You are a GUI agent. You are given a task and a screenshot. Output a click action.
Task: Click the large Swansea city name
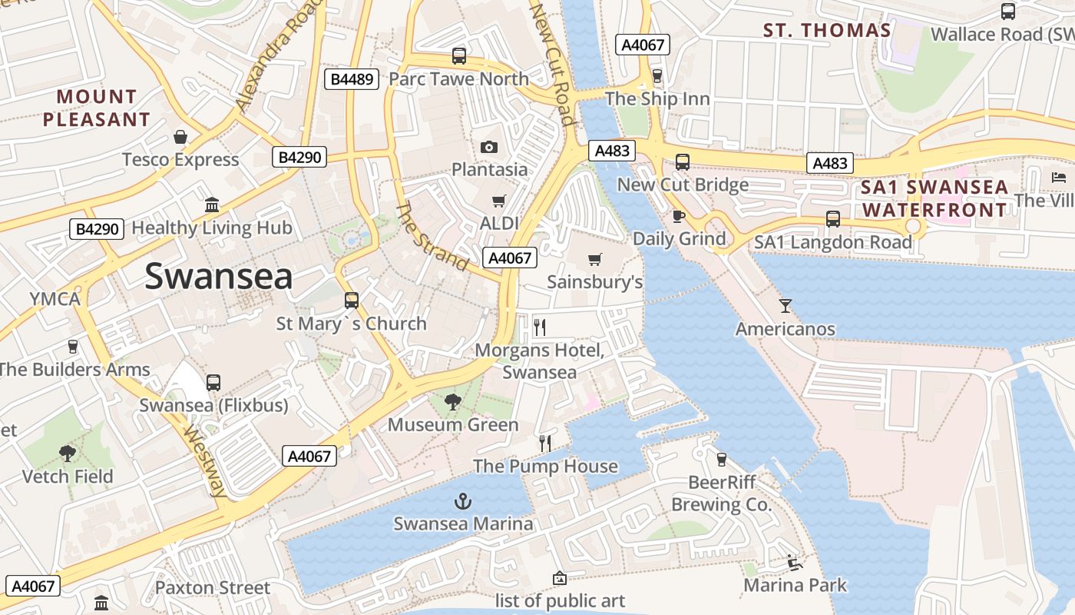pyautogui.click(x=218, y=276)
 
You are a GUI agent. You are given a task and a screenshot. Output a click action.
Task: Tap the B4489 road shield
pyautogui.click(x=352, y=79)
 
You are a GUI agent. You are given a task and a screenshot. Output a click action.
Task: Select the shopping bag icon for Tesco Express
pyautogui.click(x=180, y=137)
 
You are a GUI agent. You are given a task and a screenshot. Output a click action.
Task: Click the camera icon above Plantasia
pyautogui.click(x=489, y=147)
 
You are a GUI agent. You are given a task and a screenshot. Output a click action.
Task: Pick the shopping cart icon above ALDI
pyautogui.click(x=499, y=201)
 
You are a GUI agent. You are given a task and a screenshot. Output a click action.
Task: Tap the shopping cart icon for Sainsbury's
pyautogui.click(x=594, y=259)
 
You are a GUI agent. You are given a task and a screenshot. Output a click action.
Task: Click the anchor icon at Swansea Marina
pyautogui.click(x=462, y=502)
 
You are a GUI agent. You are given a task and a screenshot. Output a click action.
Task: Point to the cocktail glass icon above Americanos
pyautogui.click(x=785, y=306)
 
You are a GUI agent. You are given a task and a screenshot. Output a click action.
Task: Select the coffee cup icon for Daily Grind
pyautogui.click(x=678, y=216)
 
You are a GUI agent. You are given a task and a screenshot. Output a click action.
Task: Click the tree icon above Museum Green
pyautogui.click(x=453, y=401)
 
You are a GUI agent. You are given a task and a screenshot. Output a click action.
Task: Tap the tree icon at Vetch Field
pyautogui.click(x=68, y=454)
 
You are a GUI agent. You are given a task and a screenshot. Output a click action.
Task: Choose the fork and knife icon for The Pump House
pyautogui.click(x=545, y=443)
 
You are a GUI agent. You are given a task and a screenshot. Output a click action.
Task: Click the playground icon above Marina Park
pyautogui.click(x=795, y=563)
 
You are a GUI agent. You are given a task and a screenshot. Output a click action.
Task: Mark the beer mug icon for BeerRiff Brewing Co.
pyautogui.click(x=721, y=459)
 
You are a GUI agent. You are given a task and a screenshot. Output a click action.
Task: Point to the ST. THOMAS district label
pyautogui.click(x=826, y=31)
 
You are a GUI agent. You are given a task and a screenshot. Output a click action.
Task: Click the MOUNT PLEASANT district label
pyautogui.click(x=96, y=108)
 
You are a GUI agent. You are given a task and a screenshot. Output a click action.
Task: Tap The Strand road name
pyautogui.click(x=432, y=237)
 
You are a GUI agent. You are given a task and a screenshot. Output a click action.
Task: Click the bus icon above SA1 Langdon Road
pyautogui.click(x=833, y=219)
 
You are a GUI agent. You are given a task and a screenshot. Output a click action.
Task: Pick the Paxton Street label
pyautogui.click(x=213, y=588)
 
